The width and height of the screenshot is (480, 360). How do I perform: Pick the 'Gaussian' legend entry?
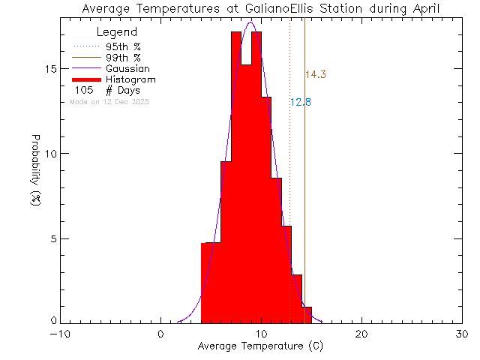127,68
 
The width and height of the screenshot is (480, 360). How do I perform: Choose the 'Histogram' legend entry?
130,79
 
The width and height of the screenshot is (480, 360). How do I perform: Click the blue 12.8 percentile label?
300,102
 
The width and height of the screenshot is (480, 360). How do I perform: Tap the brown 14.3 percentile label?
315,74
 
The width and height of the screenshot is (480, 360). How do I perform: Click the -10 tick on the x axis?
61,334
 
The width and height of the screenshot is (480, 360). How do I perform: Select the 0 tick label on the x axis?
161,334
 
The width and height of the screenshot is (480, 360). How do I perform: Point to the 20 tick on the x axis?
361,334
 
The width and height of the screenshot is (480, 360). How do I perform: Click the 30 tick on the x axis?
462,334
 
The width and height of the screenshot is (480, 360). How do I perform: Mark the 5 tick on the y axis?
52,238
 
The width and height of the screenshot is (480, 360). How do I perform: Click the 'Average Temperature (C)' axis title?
261,347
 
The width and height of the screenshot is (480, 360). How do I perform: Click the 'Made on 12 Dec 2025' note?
109,101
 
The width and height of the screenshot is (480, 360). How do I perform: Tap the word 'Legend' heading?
117,32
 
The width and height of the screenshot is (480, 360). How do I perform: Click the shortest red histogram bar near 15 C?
306,315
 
